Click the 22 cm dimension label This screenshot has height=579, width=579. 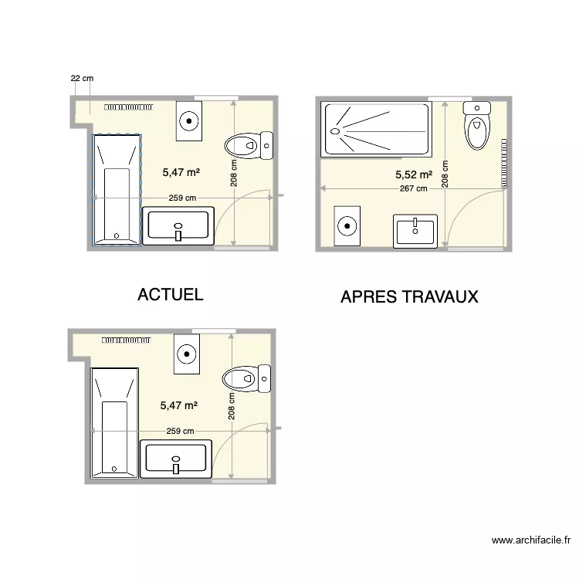tap(82, 78)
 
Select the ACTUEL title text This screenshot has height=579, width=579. tap(170, 294)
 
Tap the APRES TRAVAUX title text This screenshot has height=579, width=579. tap(409, 296)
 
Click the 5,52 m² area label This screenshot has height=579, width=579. tap(414, 175)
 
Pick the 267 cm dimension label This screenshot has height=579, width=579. tap(413, 188)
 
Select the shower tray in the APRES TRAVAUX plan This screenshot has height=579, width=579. tap(376, 130)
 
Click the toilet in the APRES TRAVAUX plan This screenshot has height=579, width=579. tap(477, 126)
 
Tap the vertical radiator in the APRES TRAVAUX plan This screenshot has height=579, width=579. tap(503, 164)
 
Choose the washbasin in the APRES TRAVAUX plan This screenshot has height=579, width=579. tap(415, 231)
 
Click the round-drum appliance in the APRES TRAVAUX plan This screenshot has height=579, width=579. tap(347, 226)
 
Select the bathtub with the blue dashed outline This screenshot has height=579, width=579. tap(117, 189)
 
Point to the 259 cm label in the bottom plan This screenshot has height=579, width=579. tap(180, 431)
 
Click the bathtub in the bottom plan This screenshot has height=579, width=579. tap(114, 422)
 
